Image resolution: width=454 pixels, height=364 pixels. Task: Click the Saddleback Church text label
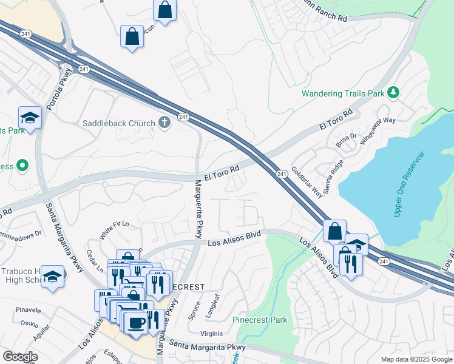(x=119, y=124)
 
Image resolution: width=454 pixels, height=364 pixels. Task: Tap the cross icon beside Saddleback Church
(x=164, y=123)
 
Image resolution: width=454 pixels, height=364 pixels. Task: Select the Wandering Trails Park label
(x=344, y=94)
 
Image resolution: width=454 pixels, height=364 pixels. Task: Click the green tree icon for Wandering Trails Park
(x=394, y=92)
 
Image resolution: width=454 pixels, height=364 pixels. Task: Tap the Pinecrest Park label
(x=260, y=320)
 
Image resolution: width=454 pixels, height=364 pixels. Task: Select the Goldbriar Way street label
(x=306, y=182)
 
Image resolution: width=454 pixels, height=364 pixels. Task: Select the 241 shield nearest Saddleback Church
(x=182, y=116)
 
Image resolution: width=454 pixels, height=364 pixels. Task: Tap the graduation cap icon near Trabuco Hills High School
(x=53, y=276)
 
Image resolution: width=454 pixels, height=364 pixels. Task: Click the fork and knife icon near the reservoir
(x=350, y=263)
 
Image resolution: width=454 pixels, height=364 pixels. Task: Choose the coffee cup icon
(x=137, y=322)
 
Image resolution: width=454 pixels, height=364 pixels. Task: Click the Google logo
(x=20, y=357)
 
